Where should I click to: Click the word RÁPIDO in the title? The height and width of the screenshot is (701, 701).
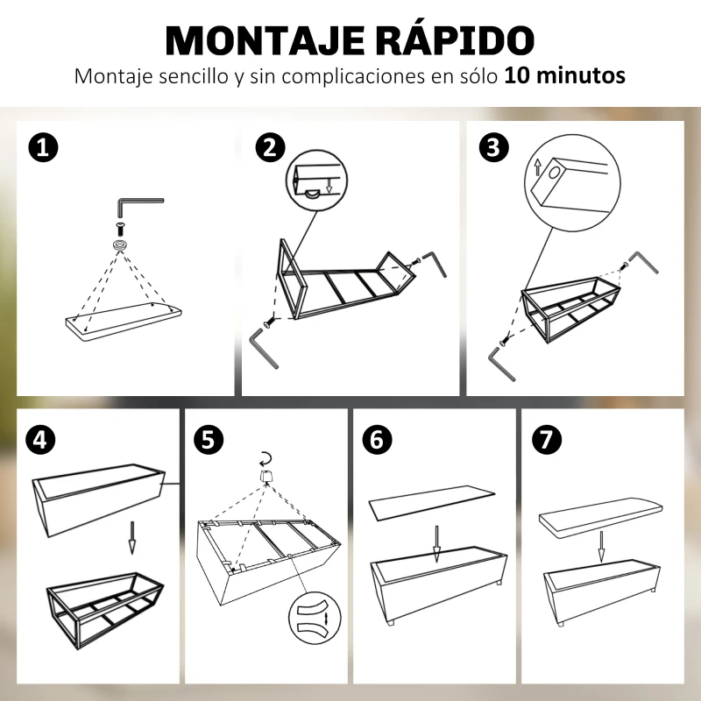coord(456,41)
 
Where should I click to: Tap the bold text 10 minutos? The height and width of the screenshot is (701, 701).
coord(564,76)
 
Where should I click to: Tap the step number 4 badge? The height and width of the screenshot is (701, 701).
coord(39,438)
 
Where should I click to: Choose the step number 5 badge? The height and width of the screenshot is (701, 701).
coord(207,438)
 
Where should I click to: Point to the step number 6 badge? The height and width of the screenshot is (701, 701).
coord(377,438)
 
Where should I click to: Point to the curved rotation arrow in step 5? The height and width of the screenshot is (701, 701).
coord(265,457)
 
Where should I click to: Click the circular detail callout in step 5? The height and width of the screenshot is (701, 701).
coord(314,619)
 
